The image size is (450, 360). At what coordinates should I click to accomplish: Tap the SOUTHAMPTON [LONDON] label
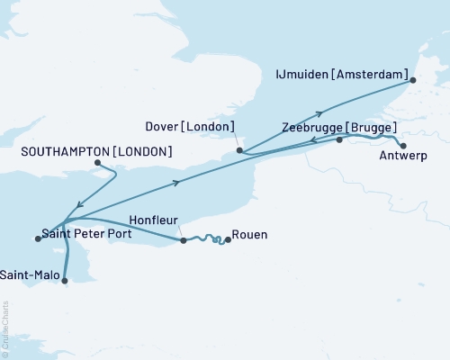95,151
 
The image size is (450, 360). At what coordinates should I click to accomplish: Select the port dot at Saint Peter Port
38,238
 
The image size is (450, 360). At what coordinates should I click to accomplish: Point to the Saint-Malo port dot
64,281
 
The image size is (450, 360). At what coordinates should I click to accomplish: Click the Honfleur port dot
183,240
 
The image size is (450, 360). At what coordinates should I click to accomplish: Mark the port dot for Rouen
227,239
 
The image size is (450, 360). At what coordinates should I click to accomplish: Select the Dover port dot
238,150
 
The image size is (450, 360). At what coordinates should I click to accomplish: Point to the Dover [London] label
191,127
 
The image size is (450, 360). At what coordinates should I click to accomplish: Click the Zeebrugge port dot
339,140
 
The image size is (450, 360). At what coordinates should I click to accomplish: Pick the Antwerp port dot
403,146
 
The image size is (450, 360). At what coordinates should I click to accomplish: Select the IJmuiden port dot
413,81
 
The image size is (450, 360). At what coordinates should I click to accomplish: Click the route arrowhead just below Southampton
80,205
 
